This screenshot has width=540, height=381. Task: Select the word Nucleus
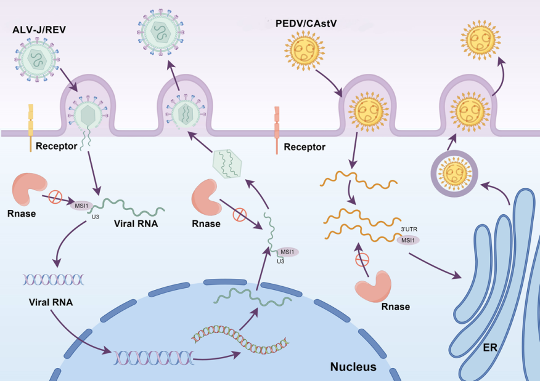click(x=353, y=367)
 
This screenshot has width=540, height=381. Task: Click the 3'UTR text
click(x=410, y=230)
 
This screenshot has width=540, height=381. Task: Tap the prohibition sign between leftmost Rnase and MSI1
click(x=56, y=196)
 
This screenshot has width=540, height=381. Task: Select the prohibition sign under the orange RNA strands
click(x=363, y=259)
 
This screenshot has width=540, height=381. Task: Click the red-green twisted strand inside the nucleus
click(x=240, y=335)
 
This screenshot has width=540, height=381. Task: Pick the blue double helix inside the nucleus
click(x=153, y=355)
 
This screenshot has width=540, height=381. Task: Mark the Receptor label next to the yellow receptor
click(x=56, y=146)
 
